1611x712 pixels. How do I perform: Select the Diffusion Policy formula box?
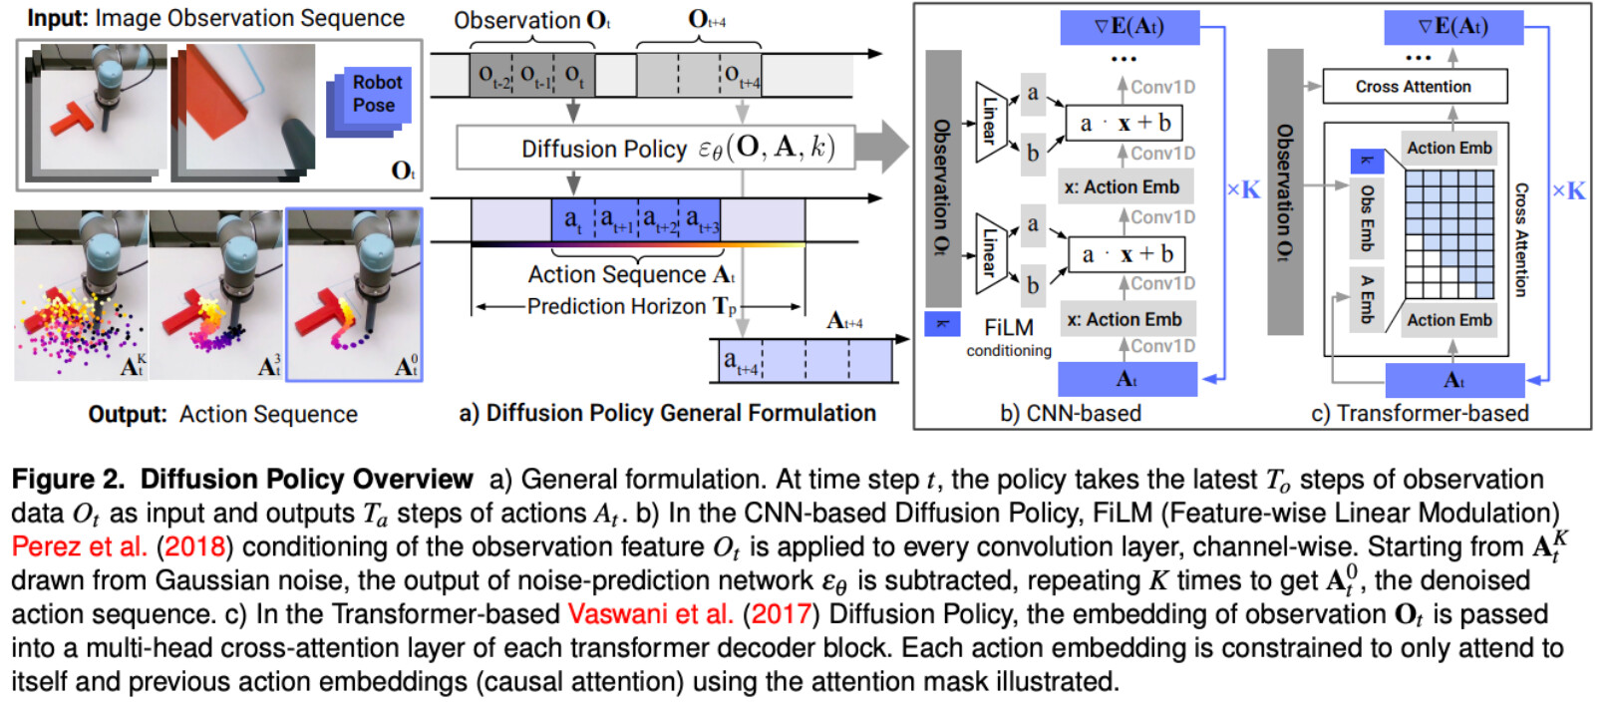655,149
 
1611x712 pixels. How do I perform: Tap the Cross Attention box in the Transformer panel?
1415,87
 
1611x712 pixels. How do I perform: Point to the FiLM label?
1008,328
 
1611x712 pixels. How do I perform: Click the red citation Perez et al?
79,546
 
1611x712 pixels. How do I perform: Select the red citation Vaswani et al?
650,614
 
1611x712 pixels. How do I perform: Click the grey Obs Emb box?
1367,218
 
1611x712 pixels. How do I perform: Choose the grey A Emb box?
1367,299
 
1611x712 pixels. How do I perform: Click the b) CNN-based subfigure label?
1070,413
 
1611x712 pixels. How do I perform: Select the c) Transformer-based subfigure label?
1421,413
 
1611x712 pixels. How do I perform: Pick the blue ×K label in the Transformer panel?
1568,191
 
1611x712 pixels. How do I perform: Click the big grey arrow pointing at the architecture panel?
882,147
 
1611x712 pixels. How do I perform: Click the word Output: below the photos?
128,414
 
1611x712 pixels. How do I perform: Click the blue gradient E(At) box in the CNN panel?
1129,27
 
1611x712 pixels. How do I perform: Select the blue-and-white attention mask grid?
1450,234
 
